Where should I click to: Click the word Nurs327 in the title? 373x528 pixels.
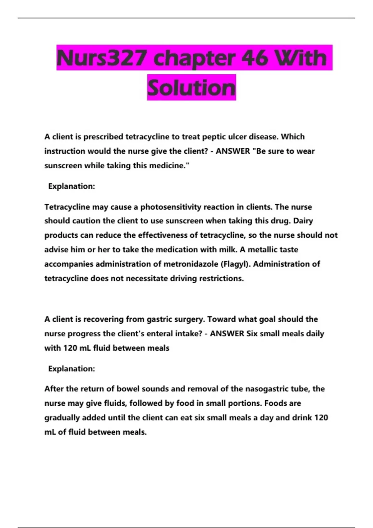coord(101,58)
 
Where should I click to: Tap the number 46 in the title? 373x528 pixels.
coord(255,58)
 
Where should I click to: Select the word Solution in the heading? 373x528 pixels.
coord(191,88)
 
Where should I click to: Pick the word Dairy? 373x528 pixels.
coord(303,221)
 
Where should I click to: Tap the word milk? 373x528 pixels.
coord(228,250)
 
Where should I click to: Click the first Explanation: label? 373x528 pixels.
coord(71,186)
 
